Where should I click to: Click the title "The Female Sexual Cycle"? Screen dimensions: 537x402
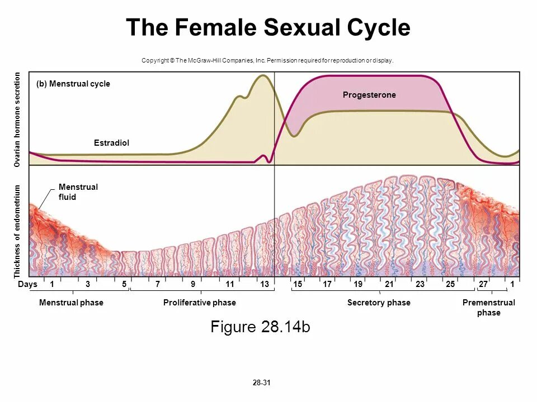[268, 28]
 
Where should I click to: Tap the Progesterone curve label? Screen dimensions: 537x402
[369, 95]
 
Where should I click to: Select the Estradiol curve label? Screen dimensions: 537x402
[111, 143]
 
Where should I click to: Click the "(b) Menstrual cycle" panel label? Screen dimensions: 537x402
[73, 84]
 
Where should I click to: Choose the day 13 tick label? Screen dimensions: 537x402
[265, 284]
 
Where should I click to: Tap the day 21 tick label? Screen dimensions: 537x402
[389, 284]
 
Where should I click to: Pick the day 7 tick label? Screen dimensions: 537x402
[158, 284]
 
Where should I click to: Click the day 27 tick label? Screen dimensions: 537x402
[483, 284]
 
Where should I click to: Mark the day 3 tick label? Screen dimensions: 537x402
[88, 284]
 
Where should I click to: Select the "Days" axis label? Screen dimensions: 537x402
[27, 284]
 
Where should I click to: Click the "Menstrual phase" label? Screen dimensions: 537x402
[71, 303]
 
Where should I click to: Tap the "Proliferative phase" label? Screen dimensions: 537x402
[200, 303]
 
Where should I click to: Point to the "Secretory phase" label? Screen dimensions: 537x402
[379, 303]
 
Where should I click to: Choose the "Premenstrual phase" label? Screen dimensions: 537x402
[489, 308]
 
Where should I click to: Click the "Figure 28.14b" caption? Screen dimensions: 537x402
[260, 327]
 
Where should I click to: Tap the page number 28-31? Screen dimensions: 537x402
[261, 383]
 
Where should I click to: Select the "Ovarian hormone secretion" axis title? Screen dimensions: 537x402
[17, 119]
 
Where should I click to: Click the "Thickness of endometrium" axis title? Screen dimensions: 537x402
[17, 231]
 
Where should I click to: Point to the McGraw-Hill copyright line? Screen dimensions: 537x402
[268, 60]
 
